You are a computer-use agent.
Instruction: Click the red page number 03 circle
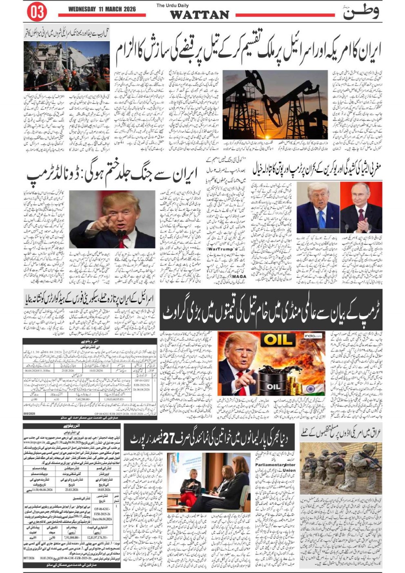point(37,12)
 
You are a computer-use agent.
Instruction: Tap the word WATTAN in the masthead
point(199,15)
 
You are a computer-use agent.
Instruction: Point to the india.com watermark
point(312,336)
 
